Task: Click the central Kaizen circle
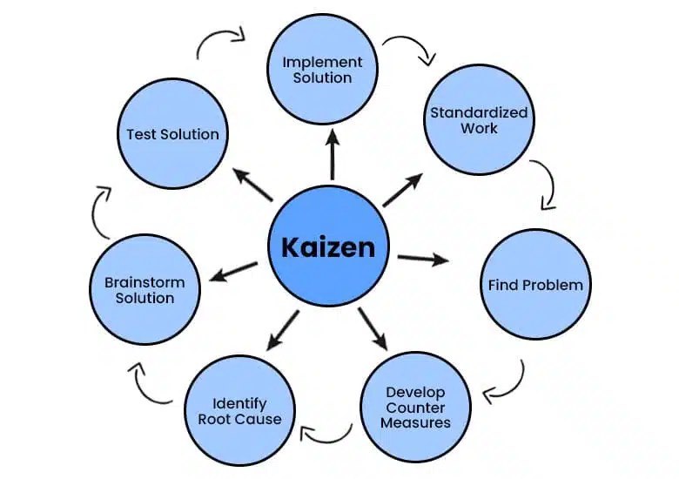328,246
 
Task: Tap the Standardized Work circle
479,121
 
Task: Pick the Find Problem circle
535,285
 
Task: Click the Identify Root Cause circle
239,411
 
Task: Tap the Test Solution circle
172,134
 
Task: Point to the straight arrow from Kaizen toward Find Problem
423,259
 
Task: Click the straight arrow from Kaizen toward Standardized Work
403,189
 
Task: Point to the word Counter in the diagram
415,408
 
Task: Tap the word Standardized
479,113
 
